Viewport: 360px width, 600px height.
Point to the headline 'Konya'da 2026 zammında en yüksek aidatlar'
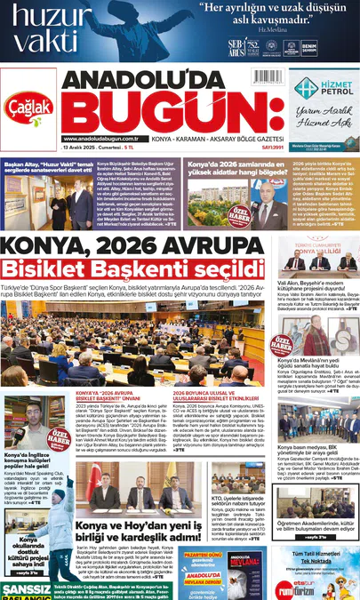(x=224, y=169)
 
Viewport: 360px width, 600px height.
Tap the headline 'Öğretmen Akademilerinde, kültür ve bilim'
(x=317, y=525)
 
